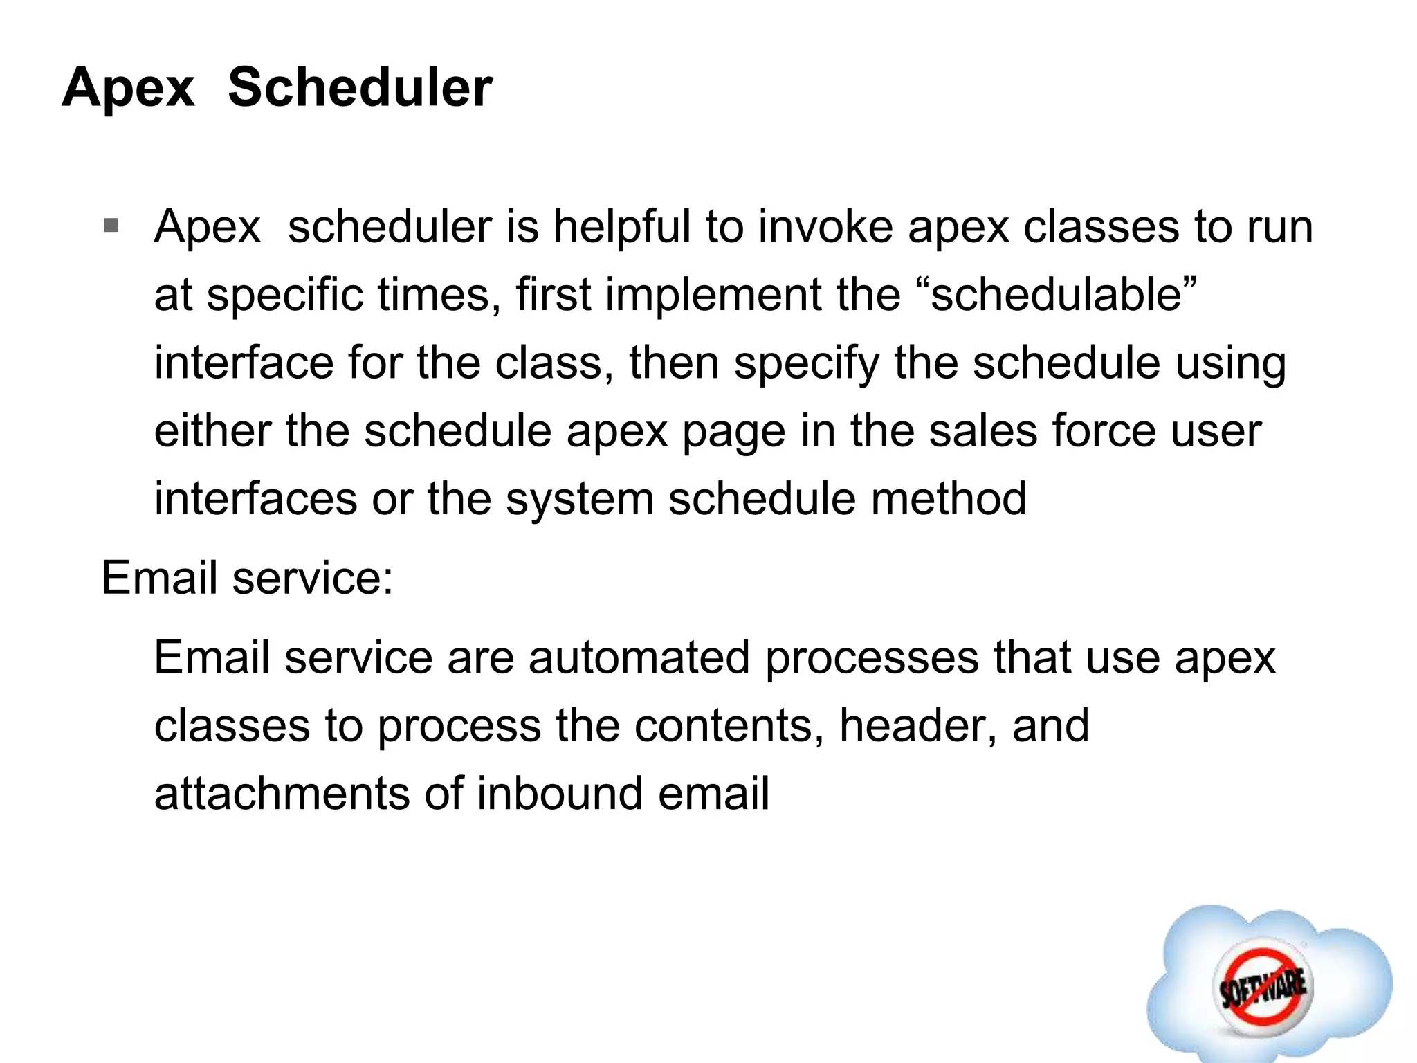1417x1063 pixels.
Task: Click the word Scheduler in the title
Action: (x=360, y=88)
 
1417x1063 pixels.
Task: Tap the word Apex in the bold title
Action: (x=128, y=88)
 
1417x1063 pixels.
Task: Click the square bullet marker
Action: (x=111, y=226)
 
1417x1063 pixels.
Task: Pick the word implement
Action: (x=713, y=294)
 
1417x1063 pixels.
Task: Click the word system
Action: (x=579, y=498)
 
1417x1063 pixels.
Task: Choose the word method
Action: (x=948, y=498)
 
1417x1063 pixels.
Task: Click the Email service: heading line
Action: (x=247, y=578)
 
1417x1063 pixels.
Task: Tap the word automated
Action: (x=639, y=657)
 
